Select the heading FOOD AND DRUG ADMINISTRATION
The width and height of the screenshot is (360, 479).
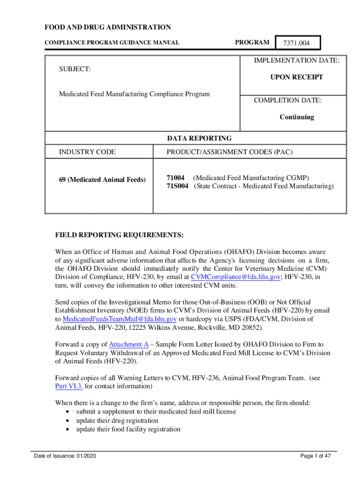pos(108,28)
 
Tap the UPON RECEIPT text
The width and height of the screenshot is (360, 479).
pos(296,77)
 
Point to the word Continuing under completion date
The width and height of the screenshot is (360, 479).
pos(297,117)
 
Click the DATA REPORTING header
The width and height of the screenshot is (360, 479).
pos(199,138)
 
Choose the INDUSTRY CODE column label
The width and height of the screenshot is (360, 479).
pos(87,152)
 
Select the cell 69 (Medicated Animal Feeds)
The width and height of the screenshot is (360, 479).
pos(102,180)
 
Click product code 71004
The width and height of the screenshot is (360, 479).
pos(176,178)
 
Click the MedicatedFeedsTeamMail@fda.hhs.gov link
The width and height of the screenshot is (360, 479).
pos(119,319)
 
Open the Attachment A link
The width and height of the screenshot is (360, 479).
pos(129,344)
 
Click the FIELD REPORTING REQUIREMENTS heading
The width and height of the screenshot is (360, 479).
pos(119,234)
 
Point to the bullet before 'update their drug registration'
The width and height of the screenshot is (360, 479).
pos(68,421)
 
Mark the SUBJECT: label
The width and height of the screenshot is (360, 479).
pos(74,69)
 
